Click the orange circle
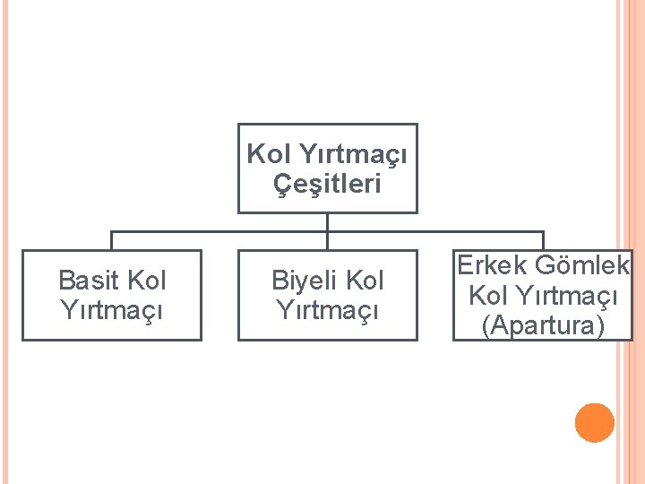(595, 423)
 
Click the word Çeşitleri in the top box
(327, 184)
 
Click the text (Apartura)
(543, 325)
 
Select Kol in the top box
(264, 154)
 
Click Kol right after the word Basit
(147, 281)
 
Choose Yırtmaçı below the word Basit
(111, 310)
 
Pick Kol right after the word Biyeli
(363, 281)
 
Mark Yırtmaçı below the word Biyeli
(327, 310)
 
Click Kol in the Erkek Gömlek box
(487, 295)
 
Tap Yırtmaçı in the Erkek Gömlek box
(566, 296)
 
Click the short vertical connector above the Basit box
(111, 240)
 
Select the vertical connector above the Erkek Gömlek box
(543, 240)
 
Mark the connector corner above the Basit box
(111, 231)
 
